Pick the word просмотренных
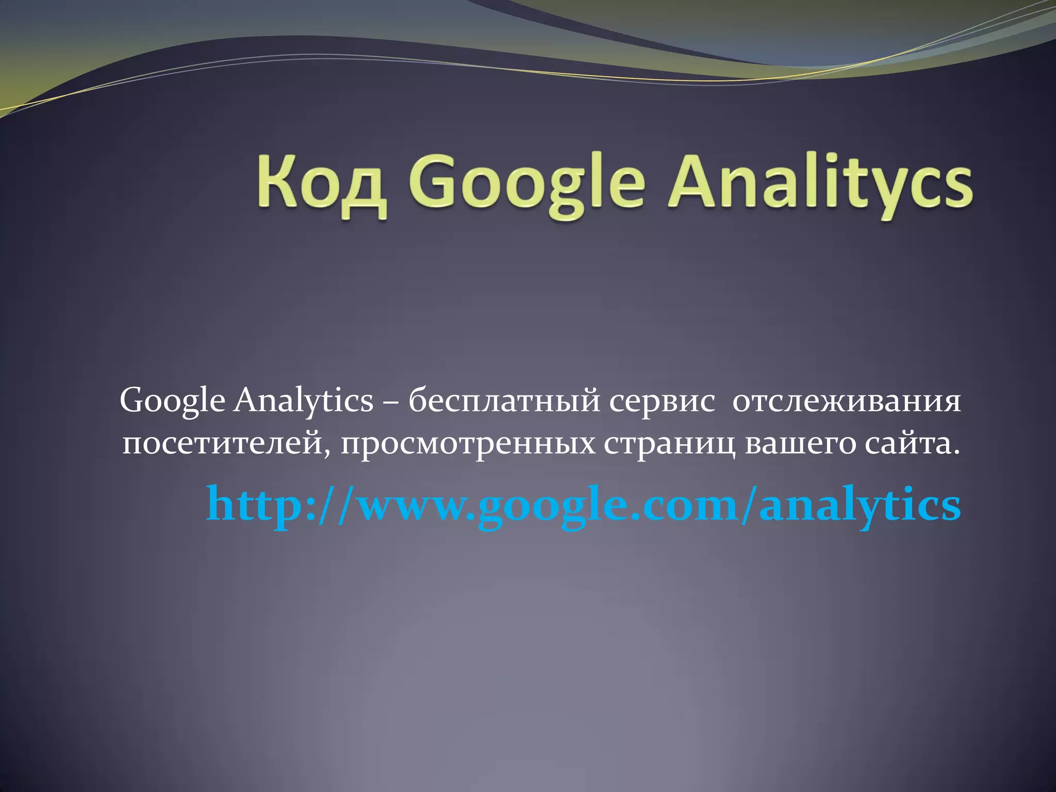(467, 444)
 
